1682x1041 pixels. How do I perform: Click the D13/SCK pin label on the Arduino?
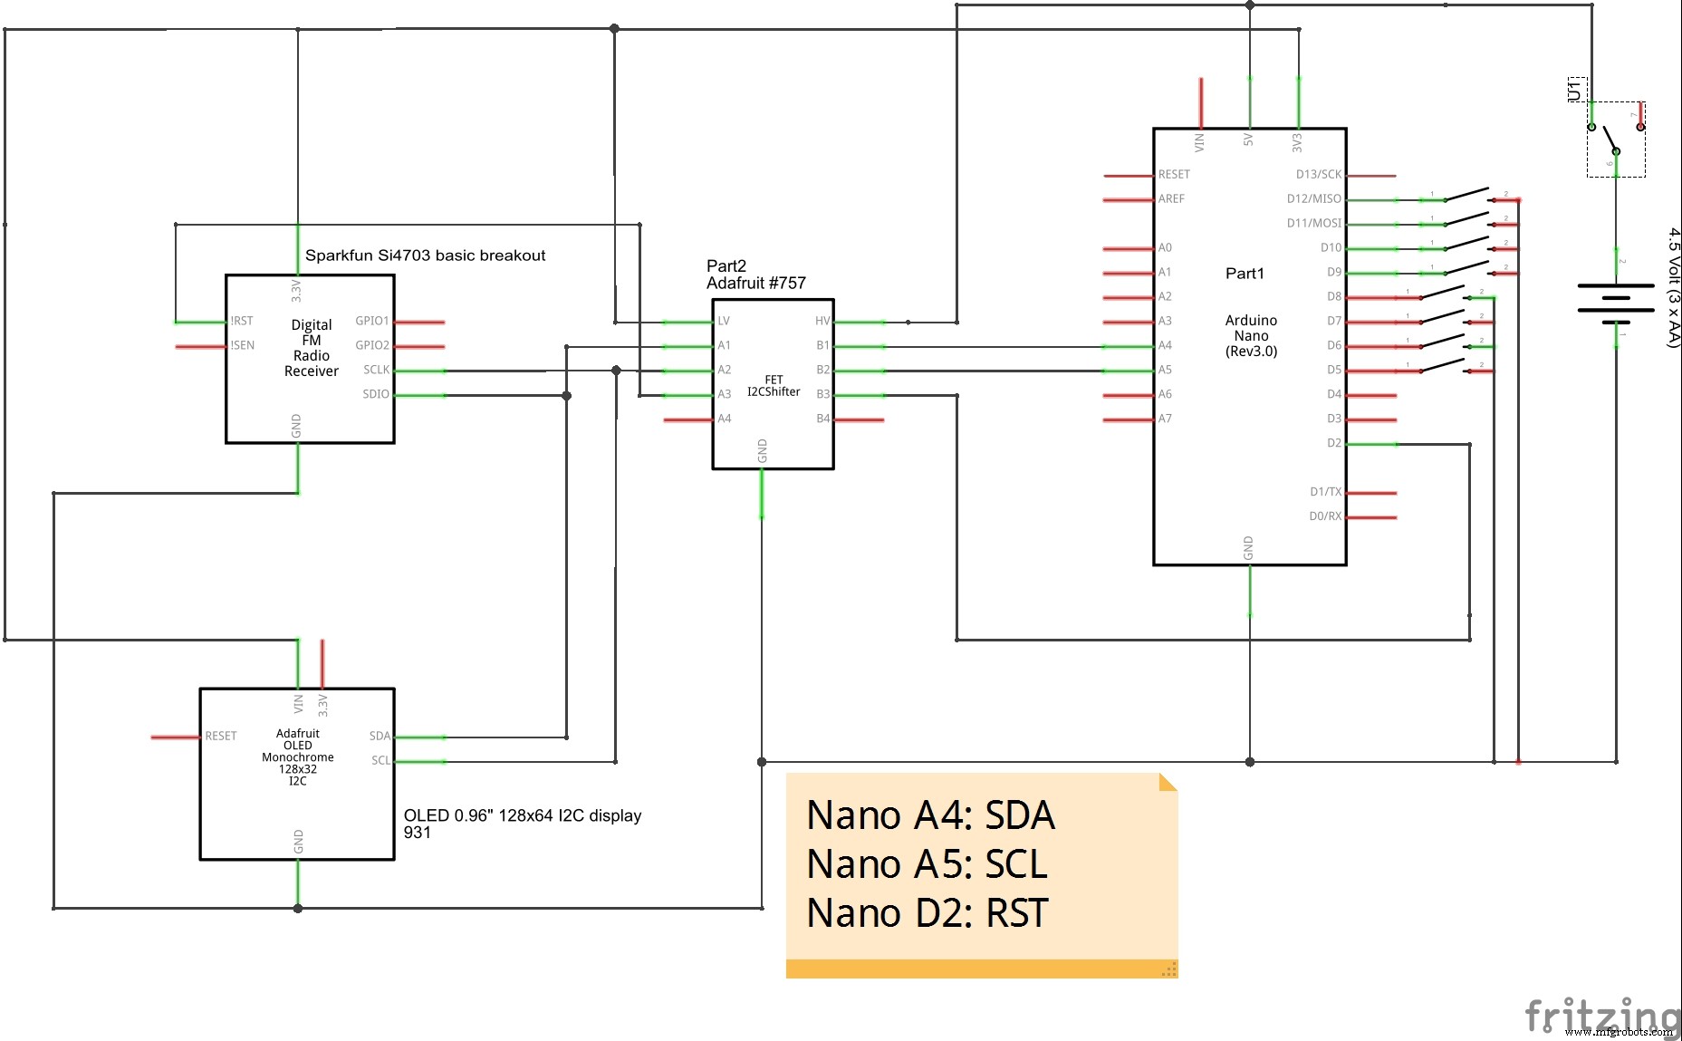click(x=1318, y=175)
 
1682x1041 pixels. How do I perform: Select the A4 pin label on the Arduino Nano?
click(x=1165, y=345)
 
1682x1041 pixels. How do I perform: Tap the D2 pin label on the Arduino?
click(x=1333, y=443)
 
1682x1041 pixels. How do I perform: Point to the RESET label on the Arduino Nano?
click(x=1174, y=175)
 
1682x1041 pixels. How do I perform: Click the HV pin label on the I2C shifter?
click(x=822, y=321)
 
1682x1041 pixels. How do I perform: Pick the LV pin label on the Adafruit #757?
click(x=724, y=321)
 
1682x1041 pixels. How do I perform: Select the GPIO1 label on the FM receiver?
click(x=372, y=321)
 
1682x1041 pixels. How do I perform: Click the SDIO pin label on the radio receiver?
click(x=376, y=394)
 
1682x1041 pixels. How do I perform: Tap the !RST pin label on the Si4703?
click(x=242, y=321)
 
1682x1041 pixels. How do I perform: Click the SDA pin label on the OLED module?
click(x=380, y=737)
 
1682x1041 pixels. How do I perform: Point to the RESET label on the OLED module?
click(x=221, y=737)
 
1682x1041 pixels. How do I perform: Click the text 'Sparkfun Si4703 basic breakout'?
click(x=425, y=255)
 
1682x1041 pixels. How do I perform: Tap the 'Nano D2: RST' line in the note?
click(x=927, y=913)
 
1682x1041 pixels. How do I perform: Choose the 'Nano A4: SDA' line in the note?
click(x=930, y=815)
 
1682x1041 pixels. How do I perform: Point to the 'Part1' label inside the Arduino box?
click(x=1245, y=274)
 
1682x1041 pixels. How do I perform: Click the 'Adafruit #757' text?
click(x=755, y=284)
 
